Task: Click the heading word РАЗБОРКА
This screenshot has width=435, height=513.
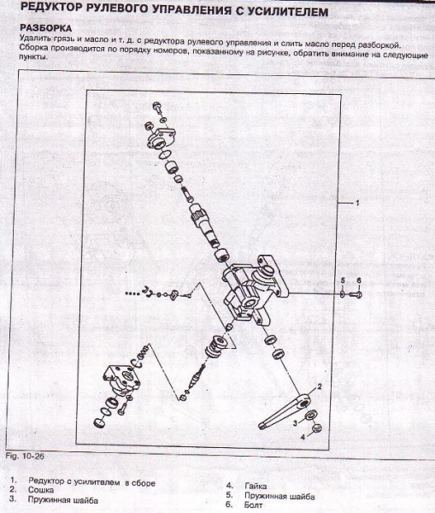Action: click(x=46, y=27)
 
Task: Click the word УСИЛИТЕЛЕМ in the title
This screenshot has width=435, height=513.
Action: click(x=287, y=12)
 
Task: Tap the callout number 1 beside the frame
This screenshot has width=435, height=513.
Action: click(x=357, y=203)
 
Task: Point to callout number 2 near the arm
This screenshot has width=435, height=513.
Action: click(x=320, y=386)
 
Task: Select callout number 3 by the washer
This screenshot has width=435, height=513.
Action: click(x=295, y=423)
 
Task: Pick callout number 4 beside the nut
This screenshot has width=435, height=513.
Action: click(x=303, y=437)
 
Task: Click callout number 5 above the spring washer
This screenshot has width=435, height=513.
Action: click(x=343, y=281)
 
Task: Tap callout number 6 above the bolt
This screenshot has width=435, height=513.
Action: click(x=359, y=281)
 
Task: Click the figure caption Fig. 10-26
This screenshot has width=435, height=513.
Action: click(x=25, y=456)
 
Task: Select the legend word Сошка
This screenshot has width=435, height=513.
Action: click(x=41, y=490)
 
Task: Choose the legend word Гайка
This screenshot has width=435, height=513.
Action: click(x=256, y=486)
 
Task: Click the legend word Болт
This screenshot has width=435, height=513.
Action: click(x=254, y=504)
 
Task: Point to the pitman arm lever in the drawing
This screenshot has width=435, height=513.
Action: click(x=285, y=411)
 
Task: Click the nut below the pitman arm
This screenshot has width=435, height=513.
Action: click(x=317, y=427)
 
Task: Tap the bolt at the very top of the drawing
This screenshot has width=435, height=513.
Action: click(x=157, y=107)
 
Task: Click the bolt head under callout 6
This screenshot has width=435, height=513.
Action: click(x=356, y=294)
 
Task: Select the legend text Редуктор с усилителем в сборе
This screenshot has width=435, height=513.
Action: click(x=91, y=482)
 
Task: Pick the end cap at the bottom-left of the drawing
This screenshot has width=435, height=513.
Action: click(x=99, y=422)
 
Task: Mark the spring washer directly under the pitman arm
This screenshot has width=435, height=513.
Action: click(x=309, y=416)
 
